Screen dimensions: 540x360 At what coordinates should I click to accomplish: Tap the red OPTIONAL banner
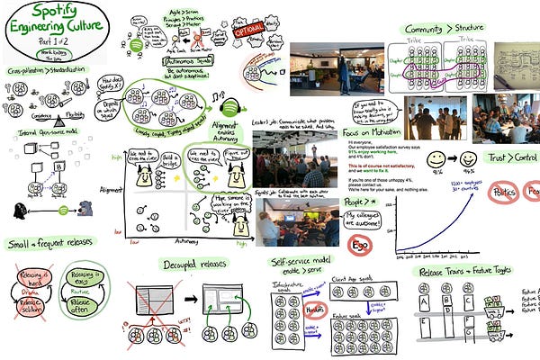[249, 28]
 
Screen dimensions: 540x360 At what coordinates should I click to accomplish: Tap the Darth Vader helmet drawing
[20, 211]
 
